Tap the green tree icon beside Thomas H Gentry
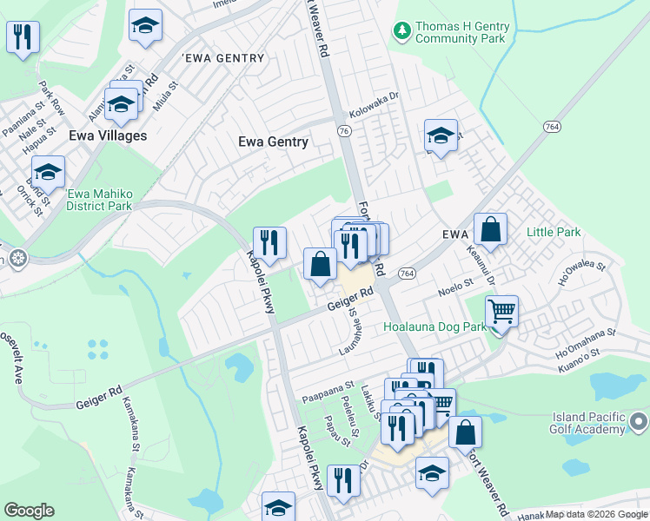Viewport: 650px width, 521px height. click(x=401, y=32)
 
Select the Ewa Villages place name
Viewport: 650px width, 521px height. click(x=109, y=135)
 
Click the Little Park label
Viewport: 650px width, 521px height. click(x=554, y=232)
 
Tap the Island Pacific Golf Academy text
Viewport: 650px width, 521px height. click(x=588, y=423)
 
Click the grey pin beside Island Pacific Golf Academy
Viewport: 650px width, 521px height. click(x=638, y=423)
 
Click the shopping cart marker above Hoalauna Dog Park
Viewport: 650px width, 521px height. click(x=501, y=310)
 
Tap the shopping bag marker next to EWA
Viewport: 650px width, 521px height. click(x=491, y=230)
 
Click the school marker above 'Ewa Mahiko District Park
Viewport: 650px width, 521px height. click(x=49, y=172)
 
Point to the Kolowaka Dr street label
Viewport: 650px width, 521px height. click(x=373, y=113)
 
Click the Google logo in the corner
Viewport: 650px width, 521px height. click(x=29, y=511)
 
